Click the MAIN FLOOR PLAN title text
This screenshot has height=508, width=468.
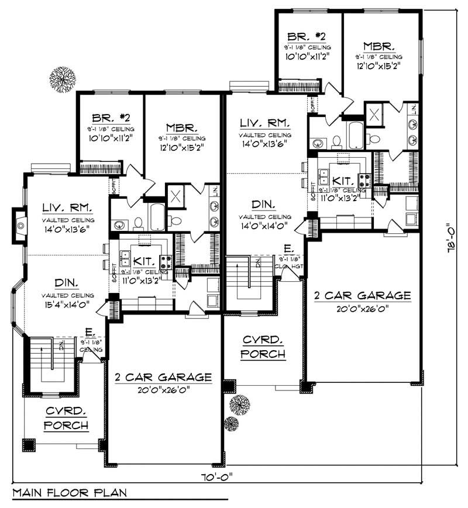coord(69,492)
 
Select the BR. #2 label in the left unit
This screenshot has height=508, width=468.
coord(111,117)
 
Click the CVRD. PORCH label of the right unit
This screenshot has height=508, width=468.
coord(264,347)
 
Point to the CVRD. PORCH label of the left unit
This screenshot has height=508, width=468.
coord(66,417)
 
